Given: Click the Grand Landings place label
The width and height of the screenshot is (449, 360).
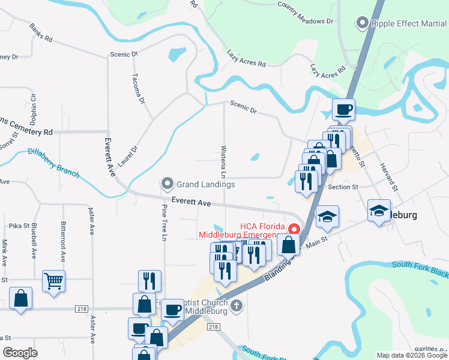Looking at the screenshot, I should pos(205,184).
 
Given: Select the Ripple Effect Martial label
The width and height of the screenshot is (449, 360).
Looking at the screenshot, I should pos(408,24).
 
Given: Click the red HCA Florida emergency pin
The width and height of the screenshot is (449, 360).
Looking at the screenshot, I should pos(294,229).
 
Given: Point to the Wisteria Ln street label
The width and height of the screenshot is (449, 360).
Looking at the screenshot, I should pos(223,161).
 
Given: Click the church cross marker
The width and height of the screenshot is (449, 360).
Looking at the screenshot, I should pos(237,307).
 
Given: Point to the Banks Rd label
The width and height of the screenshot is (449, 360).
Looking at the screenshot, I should pos(41,34).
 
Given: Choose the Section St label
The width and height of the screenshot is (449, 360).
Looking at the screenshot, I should pos(343,187).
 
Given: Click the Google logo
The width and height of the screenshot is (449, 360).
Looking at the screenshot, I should pos(20,353).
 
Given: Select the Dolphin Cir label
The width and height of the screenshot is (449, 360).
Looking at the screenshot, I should pos(33,106).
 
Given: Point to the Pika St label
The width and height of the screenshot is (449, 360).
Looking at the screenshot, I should pos(19,226).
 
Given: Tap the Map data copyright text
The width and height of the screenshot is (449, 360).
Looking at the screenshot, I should pos(412,355).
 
